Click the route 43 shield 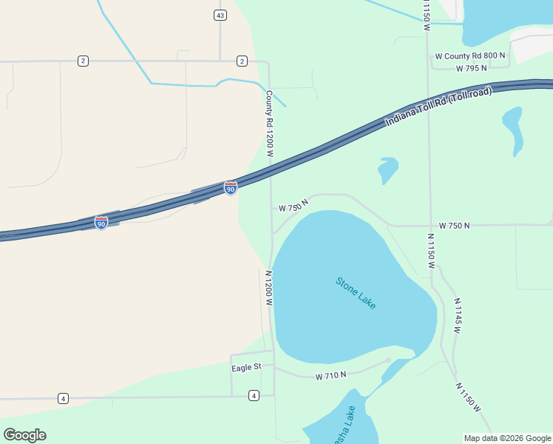click(x=220, y=15)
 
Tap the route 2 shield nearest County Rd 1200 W click(x=242, y=61)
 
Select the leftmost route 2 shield click(x=83, y=61)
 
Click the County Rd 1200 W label click(x=270, y=124)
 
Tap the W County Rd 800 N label click(x=470, y=55)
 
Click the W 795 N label click(x=472, y=68)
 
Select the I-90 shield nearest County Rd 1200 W click(x=231, y=189)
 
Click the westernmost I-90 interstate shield click(x=101, y=222)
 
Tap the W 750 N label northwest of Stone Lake click(x=293, y=204)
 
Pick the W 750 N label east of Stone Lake click(x=454, y=225)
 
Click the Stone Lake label click(x=356, y=293)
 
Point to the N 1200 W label click(x=270, y=288)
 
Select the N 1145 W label click(x=457, y=315)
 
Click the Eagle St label click(x=247, y=367)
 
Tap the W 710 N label click(x=330, y=376)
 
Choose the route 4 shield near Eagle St click(x=254, y=395)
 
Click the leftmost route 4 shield click(x=63, y=399)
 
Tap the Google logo click(x=24, y=435)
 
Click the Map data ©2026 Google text click(x=507, y=438)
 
